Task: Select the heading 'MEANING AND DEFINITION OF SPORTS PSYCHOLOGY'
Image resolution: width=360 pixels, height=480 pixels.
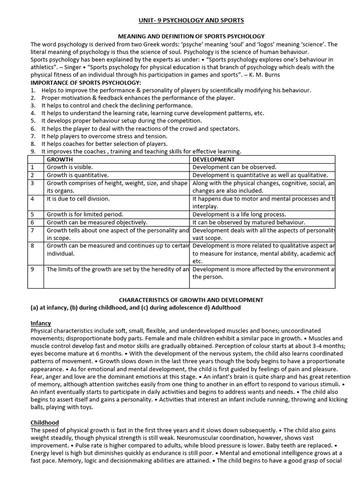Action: (191, 36)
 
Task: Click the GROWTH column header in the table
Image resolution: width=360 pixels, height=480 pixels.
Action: (60, 159)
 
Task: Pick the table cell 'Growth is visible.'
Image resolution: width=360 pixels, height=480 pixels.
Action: (70, 167)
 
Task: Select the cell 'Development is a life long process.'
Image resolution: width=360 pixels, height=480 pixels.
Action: (239, 214)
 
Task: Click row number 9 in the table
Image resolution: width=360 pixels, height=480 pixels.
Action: (32, 270)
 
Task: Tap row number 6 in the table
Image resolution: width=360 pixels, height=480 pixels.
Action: (32, 222)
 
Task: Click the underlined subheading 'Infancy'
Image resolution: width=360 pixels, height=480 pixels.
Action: (41, 323)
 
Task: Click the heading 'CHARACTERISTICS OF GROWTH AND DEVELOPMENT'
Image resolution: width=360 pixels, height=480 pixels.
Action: (191, 300)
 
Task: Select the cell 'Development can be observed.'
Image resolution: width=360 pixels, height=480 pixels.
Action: (234, 167)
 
